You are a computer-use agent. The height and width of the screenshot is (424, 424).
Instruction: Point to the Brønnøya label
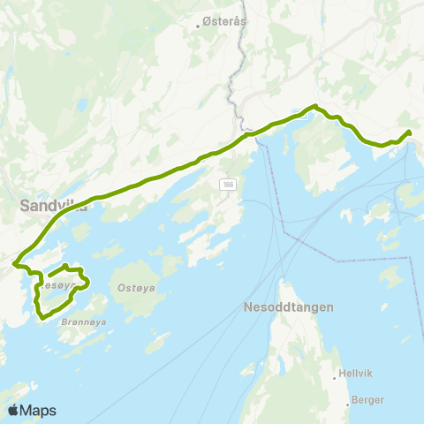pyautogui.click(x=84, y=323)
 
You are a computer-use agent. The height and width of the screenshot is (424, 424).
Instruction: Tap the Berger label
pyautogui.click(x=367, y=399)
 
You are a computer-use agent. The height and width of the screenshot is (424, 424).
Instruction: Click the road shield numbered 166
pyautogui.click(x=229, y=184)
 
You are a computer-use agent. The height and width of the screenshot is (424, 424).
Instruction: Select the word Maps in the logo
pyautogui.click(x=38, y=410)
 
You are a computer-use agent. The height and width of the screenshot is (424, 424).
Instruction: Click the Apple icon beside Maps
pyautogui.click(x=12, y=409)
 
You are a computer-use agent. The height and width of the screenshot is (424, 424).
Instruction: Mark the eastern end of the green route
pyautogui.click(x=409, y=132)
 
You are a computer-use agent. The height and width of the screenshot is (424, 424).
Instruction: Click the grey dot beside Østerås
pyautogui.click(x=200, y=26)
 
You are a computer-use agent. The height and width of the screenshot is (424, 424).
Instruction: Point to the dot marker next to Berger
pyautogui.click(x=347, y=399)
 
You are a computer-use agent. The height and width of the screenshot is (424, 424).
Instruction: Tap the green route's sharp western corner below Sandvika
pyautogui.click(x=15, y=263)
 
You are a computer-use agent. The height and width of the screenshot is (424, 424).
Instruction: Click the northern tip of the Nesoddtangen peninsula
pyautogui.click(x=282, y=282)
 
